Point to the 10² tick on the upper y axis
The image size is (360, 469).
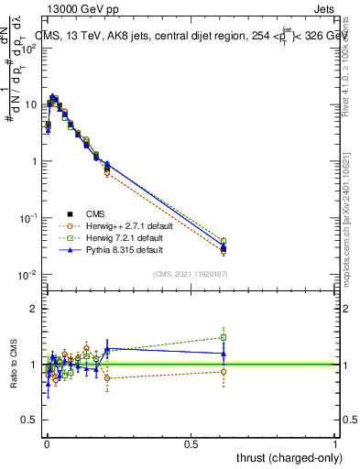(29, 48)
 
